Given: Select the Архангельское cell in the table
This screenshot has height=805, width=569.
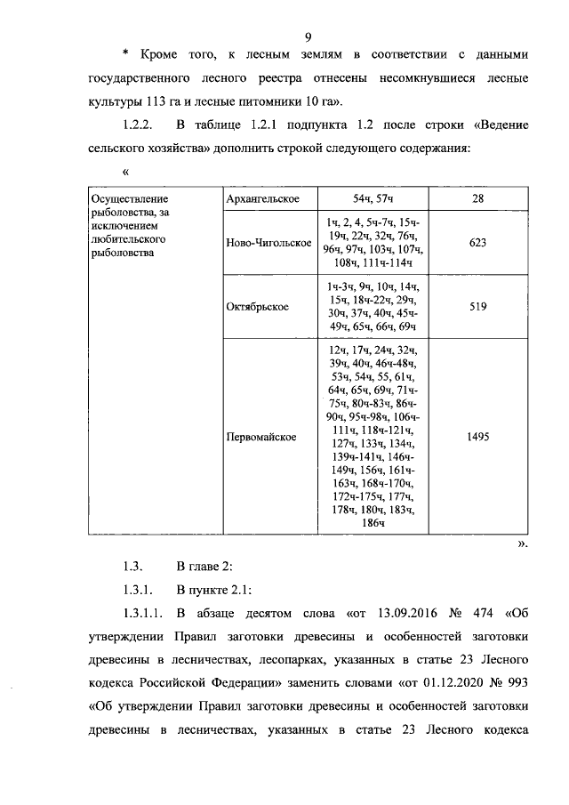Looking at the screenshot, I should tap(263, 198).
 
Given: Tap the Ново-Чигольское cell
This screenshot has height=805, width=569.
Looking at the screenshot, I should tap(263, 243).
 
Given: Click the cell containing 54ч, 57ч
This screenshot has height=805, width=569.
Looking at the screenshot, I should tap(373, 198).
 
